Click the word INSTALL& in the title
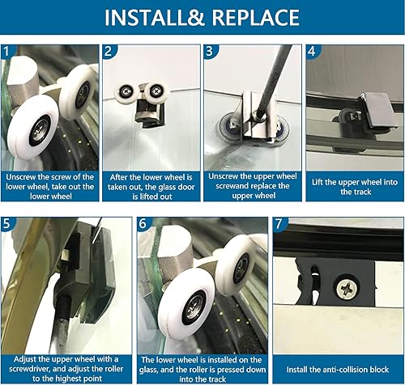click(x=154, y=18)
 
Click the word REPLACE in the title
click(x=255, y=18)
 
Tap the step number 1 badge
click(x=6, y=51)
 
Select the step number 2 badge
click(x=109, y=51)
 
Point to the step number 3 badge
click(x=210, y=51)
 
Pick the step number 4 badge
click(x=312, y=51)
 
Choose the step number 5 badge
click(x=7, y=223)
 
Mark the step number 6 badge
click(x=143, y=223)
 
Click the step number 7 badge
click(x=279, y=223)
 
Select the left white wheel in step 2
click(x=126, y=91)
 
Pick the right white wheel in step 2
click(x=156, y=91)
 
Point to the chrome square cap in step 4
click(x=380, y=111)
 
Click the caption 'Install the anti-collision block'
click(x=338, y=370)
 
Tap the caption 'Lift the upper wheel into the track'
click(x=355, y=187)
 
